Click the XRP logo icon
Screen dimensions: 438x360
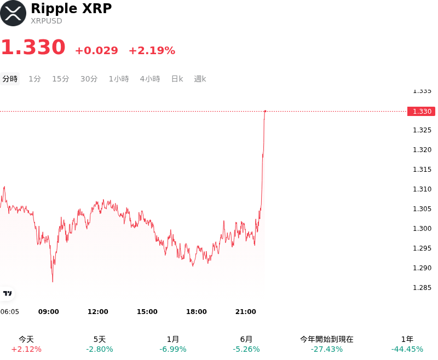13,13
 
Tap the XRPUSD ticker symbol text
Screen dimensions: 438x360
47,21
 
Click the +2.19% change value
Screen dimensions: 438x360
152,50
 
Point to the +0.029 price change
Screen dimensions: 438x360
97,50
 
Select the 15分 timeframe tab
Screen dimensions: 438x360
61,79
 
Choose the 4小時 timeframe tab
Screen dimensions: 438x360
150,79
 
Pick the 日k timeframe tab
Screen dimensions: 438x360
177,79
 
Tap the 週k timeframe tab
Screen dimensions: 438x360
200,79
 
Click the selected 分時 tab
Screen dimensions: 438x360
10,79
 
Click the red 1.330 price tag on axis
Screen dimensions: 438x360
421,112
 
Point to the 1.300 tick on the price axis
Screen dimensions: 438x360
422,229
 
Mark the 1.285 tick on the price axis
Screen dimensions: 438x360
422,288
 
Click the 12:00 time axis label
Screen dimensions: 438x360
98,312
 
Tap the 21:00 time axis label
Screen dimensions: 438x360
245,312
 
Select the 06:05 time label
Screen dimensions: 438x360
9,312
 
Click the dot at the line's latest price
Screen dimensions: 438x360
265,111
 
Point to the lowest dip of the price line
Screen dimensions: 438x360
53,282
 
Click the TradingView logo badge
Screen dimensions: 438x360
7,293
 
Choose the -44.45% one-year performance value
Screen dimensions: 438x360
407,349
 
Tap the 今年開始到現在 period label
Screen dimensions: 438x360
327,339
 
